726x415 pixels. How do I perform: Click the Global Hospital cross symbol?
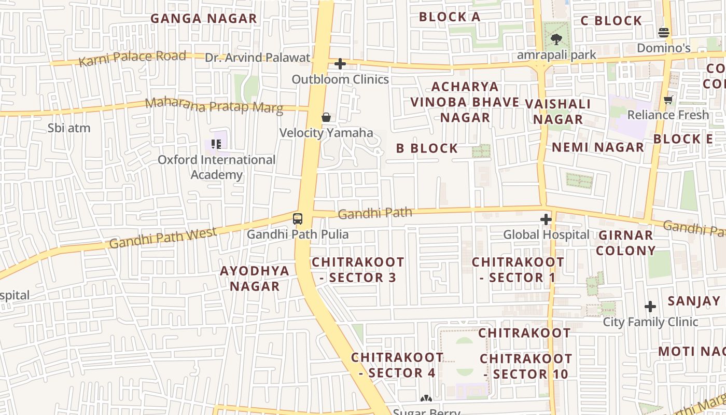pos(546,219)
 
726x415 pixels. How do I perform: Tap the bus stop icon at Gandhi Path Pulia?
pos(297,219)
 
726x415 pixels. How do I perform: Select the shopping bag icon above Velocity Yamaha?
pos(326,117)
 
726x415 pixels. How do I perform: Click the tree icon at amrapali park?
pos(556,39)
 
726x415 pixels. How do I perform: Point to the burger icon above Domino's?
pos(663,33)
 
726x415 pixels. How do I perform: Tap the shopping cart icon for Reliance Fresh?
pos(668,100)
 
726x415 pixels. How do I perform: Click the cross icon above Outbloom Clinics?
pos(340,64)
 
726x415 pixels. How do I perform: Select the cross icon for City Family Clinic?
pos(650,307)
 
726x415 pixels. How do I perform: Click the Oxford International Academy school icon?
pos(216,144)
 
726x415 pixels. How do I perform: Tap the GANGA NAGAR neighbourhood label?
pos(204,19)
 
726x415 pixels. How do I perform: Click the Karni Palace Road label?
pos(132,58)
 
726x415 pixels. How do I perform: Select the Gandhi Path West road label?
pos(163,238)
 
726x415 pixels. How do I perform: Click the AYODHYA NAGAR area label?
pos(255,278)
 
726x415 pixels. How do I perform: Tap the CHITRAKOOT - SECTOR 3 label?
pos(358,270)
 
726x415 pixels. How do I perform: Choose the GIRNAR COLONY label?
pos(625,243)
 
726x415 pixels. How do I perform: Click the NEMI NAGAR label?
pos(597,147)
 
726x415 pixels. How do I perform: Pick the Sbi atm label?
pos(69,128)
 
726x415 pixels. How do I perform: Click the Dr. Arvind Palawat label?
pos(257,58)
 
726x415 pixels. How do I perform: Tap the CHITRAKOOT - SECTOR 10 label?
pos(526,366)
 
